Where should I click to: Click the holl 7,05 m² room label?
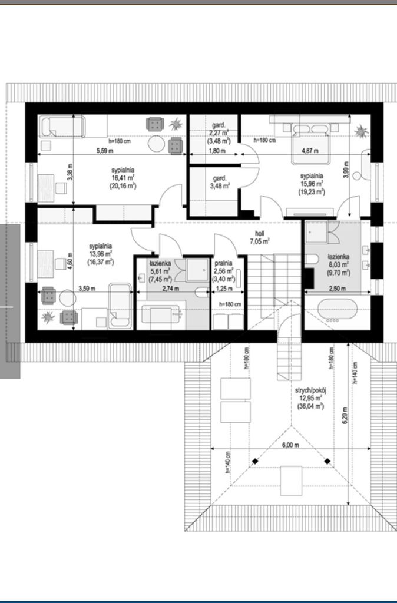click(260, 237)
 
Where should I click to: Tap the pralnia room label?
click(223, 263)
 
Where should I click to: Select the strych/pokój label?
click(310, 390)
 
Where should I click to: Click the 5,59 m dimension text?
click(105, 151)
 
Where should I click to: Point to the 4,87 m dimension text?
click(310, 151)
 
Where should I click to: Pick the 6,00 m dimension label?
click(290, 445)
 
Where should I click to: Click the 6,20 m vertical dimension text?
click(345, 415)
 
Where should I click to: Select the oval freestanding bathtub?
click(338, 310)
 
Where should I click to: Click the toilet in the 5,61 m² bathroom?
click(201, 292)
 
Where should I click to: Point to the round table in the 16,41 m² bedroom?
click(157, 144)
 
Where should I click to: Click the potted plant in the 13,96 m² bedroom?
click(48, 317)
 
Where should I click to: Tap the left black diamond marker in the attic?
click(255, 461)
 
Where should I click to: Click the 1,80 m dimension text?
click(217, 151)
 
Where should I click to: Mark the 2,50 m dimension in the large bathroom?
click(337, 289)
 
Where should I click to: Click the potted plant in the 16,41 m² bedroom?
click(176, 124)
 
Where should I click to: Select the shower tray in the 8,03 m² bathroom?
click(317, 232)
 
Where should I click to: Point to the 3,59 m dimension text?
click(87, 288)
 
